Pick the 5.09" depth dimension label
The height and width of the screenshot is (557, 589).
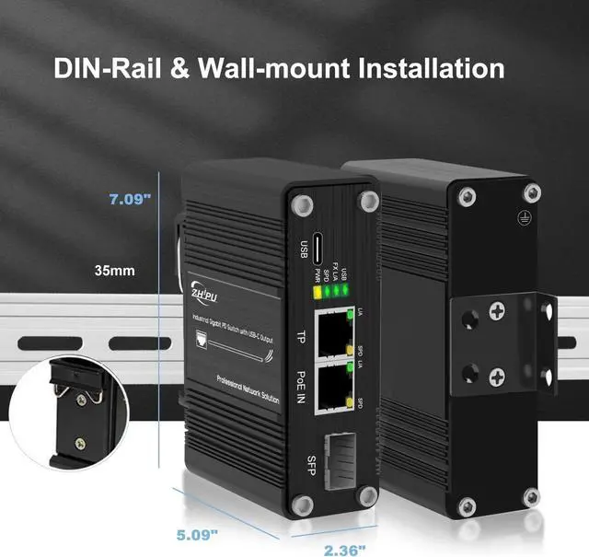197,532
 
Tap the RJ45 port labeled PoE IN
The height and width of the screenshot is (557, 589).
330,388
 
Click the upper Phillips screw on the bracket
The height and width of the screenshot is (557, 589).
497,314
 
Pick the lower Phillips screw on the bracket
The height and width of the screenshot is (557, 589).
497,376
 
